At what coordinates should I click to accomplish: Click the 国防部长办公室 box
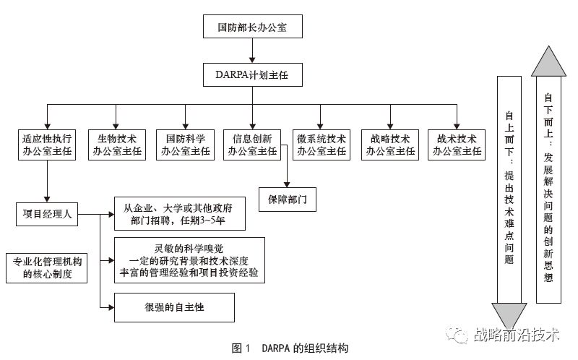pos(252,29)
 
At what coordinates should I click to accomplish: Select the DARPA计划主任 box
pos(252,74)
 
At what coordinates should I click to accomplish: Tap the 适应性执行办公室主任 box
pos(47,145)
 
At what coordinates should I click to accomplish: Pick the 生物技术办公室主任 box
pos(116,145)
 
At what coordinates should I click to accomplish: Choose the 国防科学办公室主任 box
pos(186,145)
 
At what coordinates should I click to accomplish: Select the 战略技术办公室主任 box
pos(390,145)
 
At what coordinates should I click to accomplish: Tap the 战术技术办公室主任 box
pos(457,145)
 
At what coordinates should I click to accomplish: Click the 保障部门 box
pos(288,199)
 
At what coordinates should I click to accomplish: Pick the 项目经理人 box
pos(47,215)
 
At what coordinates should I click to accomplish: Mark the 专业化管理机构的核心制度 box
pos(46,267)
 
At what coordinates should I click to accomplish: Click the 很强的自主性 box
pos(174,307)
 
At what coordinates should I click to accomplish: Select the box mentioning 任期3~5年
pos(178,215)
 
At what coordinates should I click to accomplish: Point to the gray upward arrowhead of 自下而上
pos(548,61)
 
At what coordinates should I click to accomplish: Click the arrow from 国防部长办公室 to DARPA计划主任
pos(252,51)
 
